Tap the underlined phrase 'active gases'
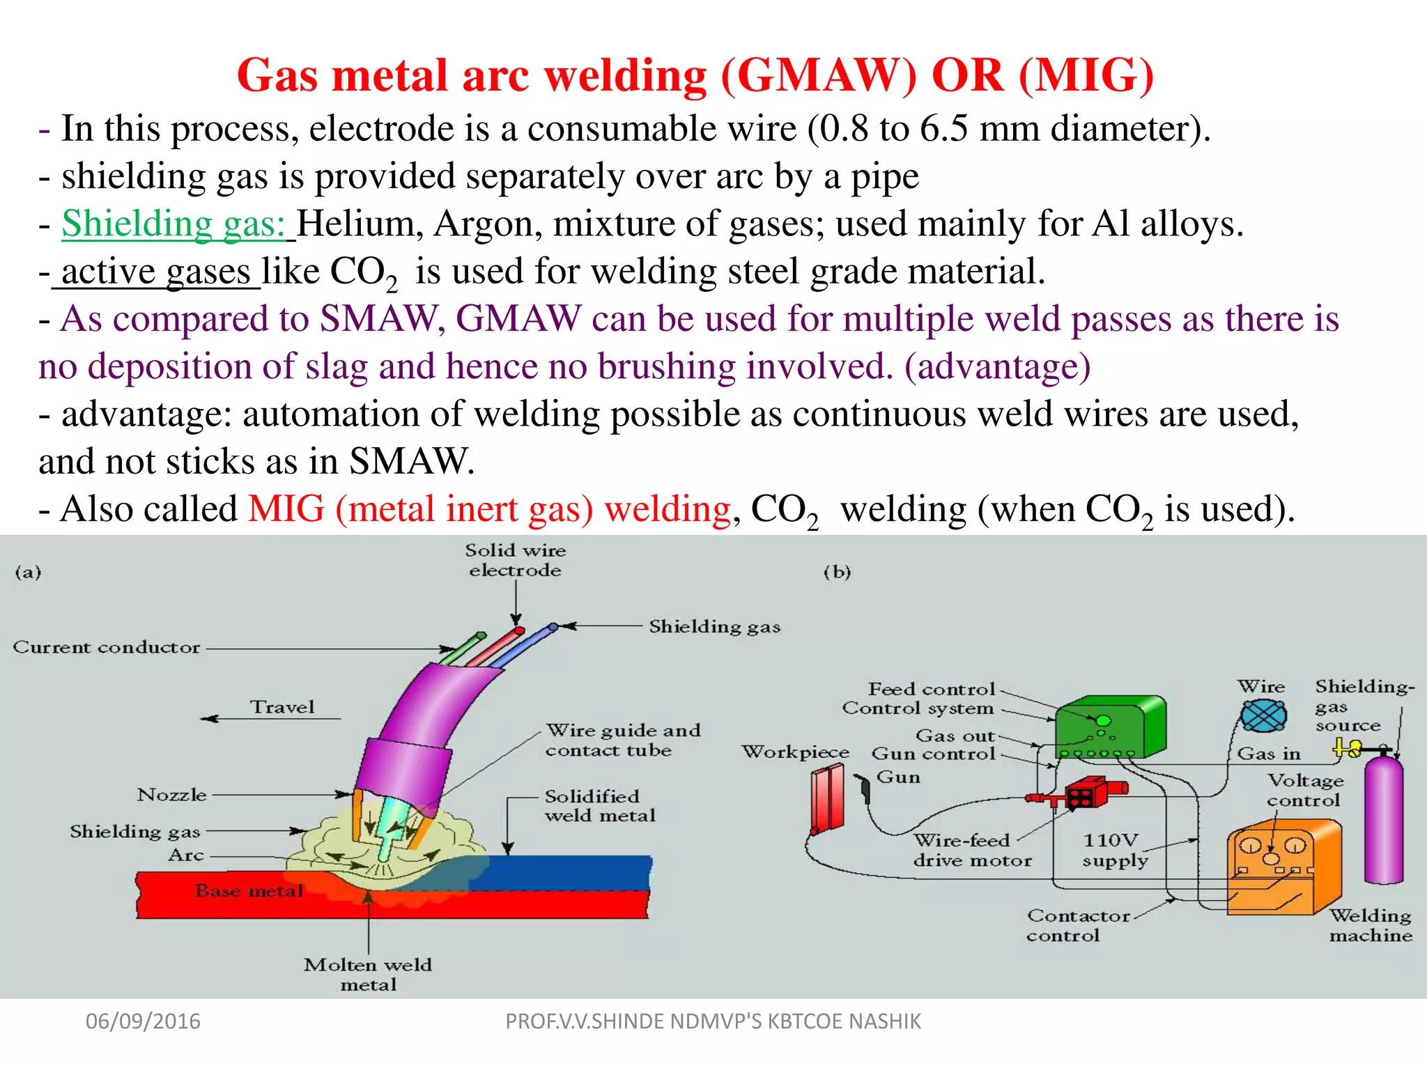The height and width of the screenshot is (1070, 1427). [x=155, y=272]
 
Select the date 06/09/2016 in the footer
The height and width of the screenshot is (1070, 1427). [x=143, y=1021]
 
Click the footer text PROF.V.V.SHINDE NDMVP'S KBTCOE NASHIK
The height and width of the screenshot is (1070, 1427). [x=713, y=1021]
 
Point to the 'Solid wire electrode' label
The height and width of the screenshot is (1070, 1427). [x=515, y=560]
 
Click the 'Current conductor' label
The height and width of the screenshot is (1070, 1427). [x=107, y=647]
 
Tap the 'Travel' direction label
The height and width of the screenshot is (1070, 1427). [x=282, y=707]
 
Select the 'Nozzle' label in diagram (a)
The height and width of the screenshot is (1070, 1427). [x=172, y=795]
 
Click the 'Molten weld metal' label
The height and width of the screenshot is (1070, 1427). [x=368, y=975]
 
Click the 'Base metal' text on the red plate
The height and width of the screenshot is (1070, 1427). [x=249, y=891]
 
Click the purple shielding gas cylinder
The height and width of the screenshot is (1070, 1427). [x=1383, y=822]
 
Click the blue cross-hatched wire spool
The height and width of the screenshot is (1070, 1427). [x=1263, y=715]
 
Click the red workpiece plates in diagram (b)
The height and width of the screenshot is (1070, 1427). [x=828, y=798]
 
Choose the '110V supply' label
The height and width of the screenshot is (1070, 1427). [x=1114, y=851]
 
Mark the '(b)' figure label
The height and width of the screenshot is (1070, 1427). [x=837, y=573]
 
